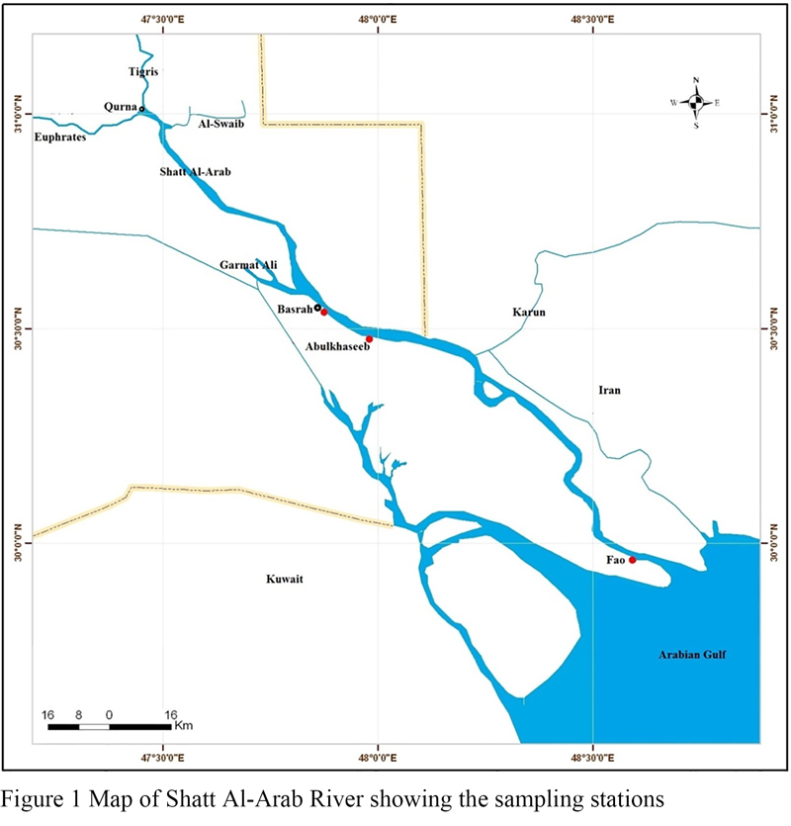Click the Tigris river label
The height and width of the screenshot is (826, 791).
click(143, 72)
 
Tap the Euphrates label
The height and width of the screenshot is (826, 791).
click(59, 137)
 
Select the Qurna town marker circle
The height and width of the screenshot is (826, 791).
click(141, 109)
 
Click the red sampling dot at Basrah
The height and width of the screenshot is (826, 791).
click(324, 312)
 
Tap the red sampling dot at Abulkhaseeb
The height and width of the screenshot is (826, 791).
click(369, 339)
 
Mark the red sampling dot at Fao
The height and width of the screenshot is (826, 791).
click(632, 560)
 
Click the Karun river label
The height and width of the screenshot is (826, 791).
click(529, 313)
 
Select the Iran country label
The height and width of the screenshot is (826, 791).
click(609, 391)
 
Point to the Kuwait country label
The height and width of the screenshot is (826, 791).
click(283, 580)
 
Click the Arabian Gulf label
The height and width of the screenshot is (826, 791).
click(693, 654)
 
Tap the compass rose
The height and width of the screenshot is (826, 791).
click(696, 102)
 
